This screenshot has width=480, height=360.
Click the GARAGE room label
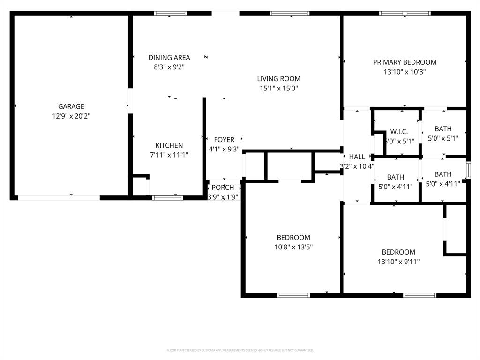(x=71, y=106)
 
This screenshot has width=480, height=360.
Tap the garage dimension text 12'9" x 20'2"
(x=71, y=116)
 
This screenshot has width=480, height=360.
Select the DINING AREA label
(x=169, y=57)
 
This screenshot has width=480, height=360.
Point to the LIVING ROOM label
(x=278, y=78)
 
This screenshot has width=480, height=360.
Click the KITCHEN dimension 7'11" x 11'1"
(x=169, y=155)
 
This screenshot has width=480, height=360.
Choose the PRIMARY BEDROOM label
(x=405, y=62)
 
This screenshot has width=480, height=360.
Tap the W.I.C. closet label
(x=399, y=132)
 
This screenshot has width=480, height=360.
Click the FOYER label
(x=224, y=140)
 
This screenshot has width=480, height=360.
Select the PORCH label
(x=223, y=187)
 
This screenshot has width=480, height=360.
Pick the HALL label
(x=357, y=157)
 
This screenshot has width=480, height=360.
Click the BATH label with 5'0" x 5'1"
(x=443, y=129)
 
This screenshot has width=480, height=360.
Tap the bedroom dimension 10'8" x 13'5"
(x=293, y=247)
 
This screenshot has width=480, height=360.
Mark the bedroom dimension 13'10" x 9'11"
(x=398, y=262)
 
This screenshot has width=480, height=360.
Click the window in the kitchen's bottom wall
(x=168, y=198)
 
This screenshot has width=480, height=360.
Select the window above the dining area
(x=171, y=14)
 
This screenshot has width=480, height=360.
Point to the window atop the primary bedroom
(x=405, y=14)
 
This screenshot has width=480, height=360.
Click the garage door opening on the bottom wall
(x=59, y=198)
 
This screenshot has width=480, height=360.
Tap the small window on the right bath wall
(x=468, y=170)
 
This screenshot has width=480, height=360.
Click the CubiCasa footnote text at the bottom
(x=240, y=350)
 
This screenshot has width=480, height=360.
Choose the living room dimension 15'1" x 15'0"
(x=279, y=88)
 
